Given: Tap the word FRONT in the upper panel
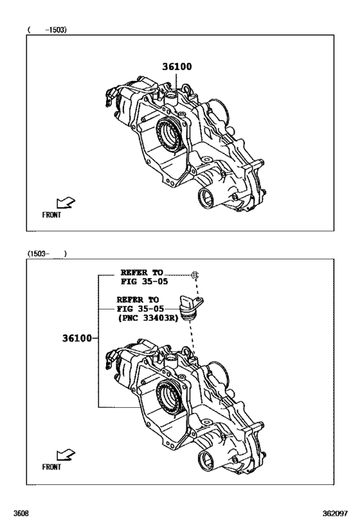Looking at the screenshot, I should pyautogui.click(x=51, y=216).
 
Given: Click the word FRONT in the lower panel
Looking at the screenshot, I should pyautogui.click(x=51, y=468).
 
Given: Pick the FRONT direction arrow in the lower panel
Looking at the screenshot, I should pyautogui.click(x=66, y=455).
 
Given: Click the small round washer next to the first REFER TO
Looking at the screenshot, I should pyautogui.click(x=194, y=275).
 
